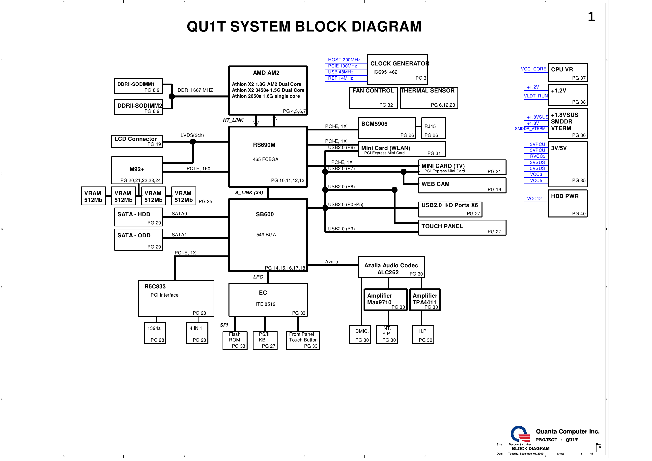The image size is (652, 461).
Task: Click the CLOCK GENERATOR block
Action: pyautogui.click(x=397, y=69)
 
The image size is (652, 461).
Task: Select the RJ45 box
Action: pyautogui.click(x=433, y=128)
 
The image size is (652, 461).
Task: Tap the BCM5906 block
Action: pyautogui.click(x=387, y=128)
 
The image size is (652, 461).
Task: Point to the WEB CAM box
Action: pyautogui.click(x=462, y=185)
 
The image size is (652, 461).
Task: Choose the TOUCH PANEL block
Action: pyautogui.click(x=462, y=228)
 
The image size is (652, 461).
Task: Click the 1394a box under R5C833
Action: pyautogui.click(x=155, y=333)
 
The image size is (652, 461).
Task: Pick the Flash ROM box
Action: pyautogui.click(x=235, y=340)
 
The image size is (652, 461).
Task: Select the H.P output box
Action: pyautogui.click(x=423, y=335)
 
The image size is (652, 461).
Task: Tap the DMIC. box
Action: pyautogui.click(x=360, y=335)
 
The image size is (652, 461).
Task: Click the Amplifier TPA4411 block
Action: pyautogui.click(x=425, y=300)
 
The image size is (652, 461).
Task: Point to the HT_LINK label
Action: pyautogui.click(x=233, y=120)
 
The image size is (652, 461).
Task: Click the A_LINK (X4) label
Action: pyautogui.click(x=249, y=193)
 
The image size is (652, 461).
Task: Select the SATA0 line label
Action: pyautogui.click(x=179, y=214)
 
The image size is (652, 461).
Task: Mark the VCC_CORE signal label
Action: pyautogui.click(x=533, y=69)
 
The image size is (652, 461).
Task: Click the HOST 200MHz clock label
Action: pyautogui.click(x=344, y=60)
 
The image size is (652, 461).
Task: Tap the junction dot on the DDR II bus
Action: pyautogui.click(x=172, y=97)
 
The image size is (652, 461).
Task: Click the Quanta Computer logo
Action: pyautogui.click(x=520, y=434)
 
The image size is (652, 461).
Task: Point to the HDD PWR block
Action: pyautogui.click(x=567, y=204)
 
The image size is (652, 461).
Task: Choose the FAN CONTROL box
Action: pyautogui.click(x=373, y=98)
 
